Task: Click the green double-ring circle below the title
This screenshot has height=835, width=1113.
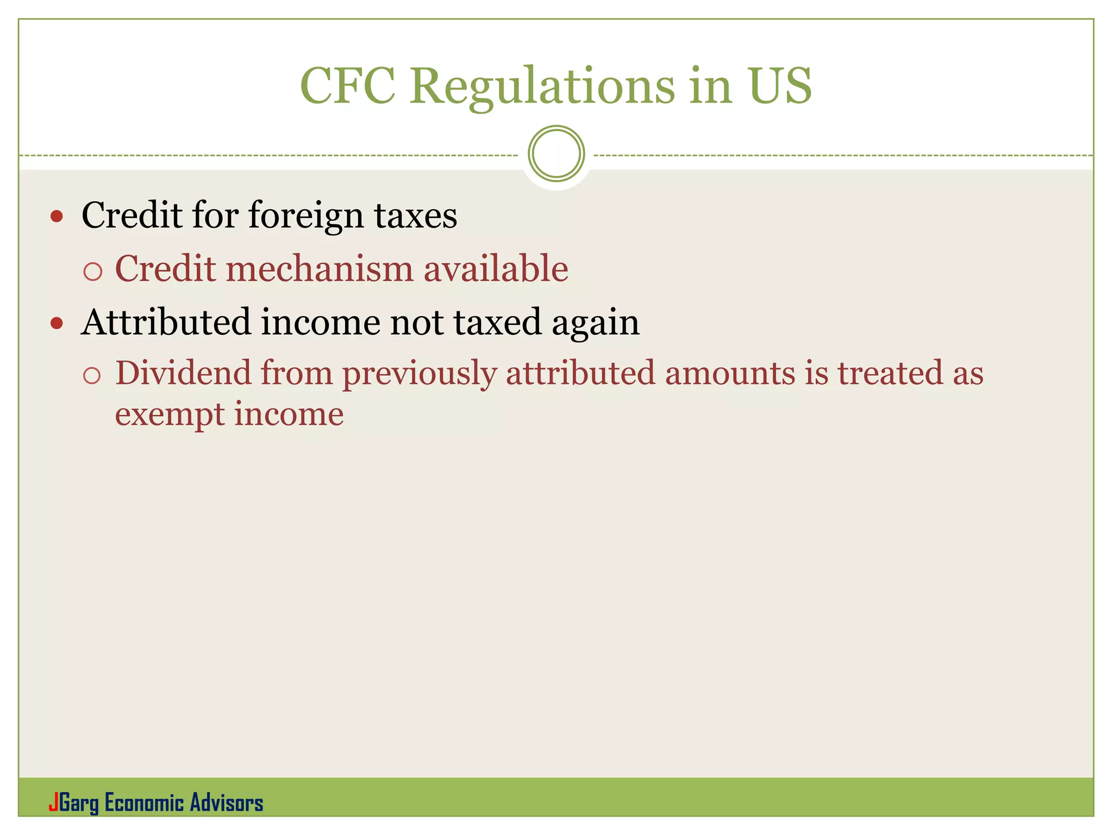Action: point(556,154)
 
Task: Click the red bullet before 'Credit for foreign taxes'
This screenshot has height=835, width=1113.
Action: point(57,217)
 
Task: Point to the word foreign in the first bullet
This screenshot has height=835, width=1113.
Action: point(306,216)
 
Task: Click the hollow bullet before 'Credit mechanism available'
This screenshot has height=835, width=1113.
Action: point(93,271)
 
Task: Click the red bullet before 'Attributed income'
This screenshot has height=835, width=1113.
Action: point(57,324)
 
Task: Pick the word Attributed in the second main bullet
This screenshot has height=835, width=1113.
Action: point(166,322)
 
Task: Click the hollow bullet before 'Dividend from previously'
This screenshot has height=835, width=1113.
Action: point(92,376)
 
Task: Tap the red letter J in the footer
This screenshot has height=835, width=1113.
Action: point(53,802)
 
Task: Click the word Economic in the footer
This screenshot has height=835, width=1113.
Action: point(144,803)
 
